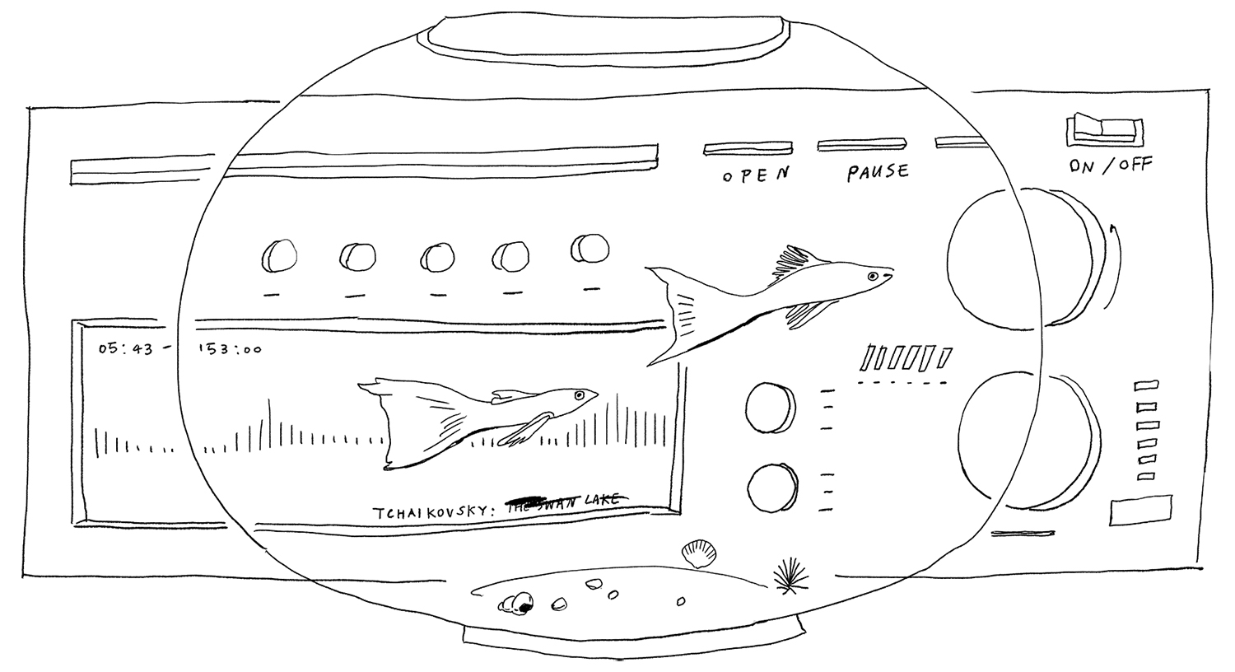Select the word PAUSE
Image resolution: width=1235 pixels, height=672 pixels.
coord(878,172)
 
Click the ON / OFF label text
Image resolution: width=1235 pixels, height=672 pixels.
coord(1111,165)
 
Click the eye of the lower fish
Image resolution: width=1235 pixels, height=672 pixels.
coord(580,396)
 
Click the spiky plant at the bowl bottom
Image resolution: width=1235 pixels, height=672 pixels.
coord(789,573)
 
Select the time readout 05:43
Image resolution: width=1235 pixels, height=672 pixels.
coord(126,348)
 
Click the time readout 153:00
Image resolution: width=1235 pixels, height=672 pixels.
coord(229,349)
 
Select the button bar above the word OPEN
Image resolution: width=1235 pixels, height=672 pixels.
coord(748,148)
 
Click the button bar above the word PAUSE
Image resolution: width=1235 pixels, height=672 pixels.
coord(862,146)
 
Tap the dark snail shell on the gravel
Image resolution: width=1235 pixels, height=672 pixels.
coord(520,606)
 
